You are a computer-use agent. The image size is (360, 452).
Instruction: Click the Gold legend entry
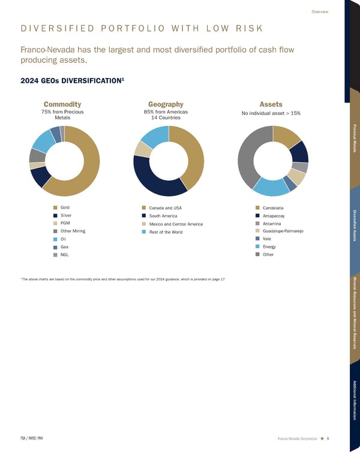[x=65, y=207]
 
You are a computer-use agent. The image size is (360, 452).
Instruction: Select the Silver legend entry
[x=66, y=215]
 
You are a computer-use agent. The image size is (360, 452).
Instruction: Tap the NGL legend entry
[x=65, y=255]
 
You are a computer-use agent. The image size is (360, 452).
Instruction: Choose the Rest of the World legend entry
[x=166, y=232]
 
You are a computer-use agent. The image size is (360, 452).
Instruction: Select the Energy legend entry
[x=269, y=246]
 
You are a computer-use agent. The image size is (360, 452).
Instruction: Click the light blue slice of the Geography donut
[x=154, y=135]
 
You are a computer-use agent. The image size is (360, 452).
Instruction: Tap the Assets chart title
[x=271, y=104]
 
